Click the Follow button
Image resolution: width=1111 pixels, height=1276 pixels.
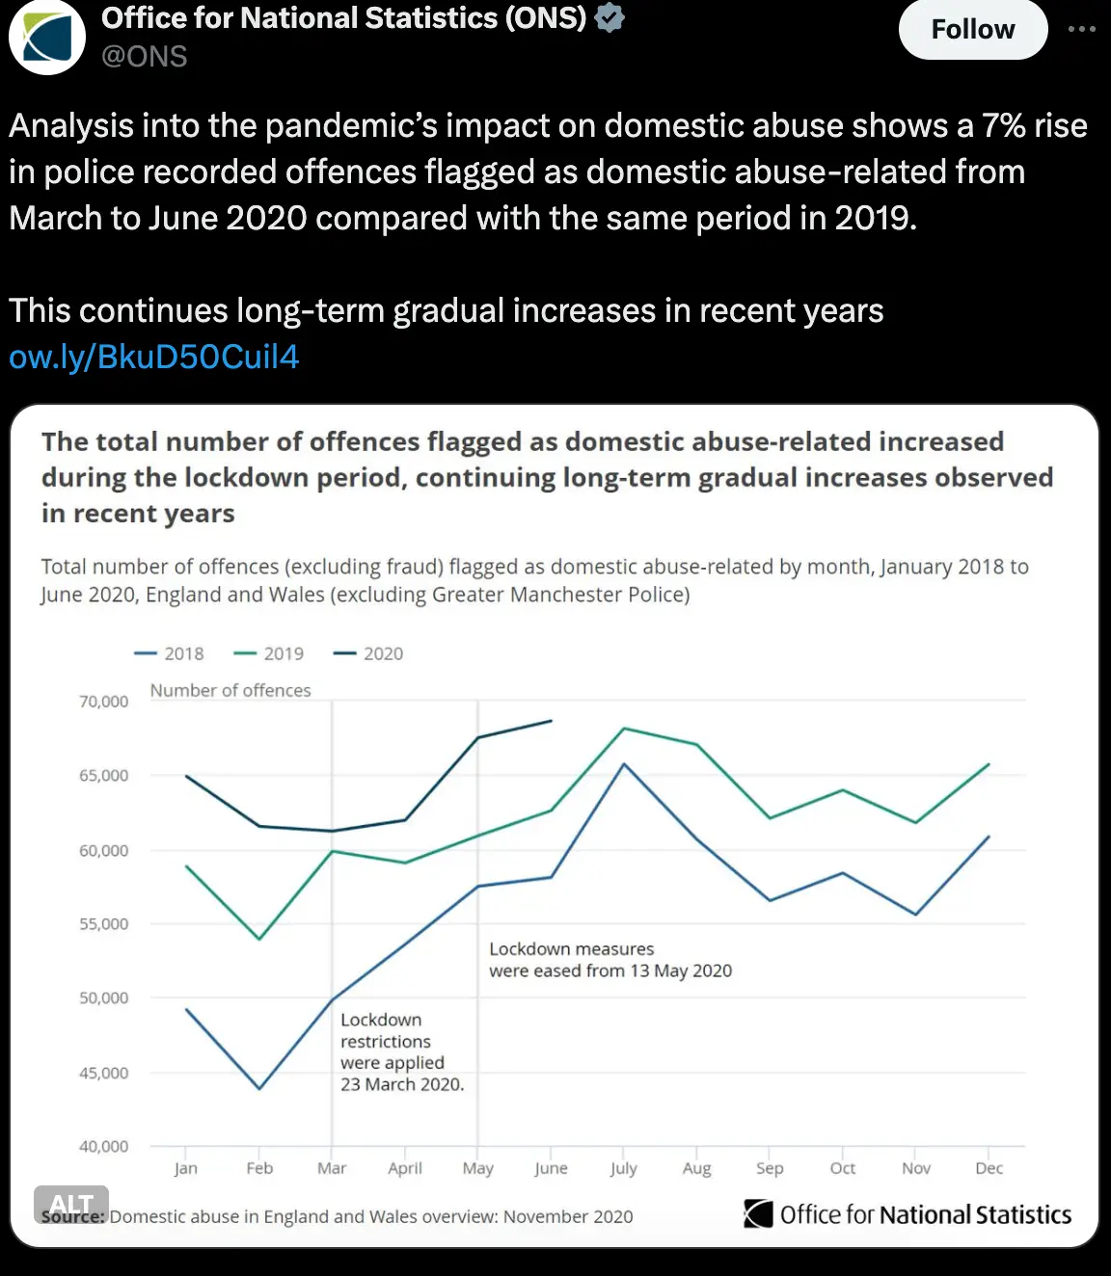click(x=972, y=30)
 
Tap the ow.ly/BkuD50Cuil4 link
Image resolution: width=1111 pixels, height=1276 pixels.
click(x=154, y=357)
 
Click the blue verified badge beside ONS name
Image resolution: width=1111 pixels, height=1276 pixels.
click(x=610, y=17)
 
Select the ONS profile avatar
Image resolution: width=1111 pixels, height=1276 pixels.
click(x=46, y=37)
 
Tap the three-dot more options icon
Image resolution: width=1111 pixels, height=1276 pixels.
click(x=1081, y=29)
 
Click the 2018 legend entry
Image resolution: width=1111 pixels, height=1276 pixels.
click(x=170, y=653)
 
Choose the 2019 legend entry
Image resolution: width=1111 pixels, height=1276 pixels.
click(x=269, y=653)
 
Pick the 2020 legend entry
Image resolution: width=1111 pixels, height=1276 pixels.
click(x=368, y=653)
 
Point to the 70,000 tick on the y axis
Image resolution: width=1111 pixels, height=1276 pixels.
click(x=103, y=702)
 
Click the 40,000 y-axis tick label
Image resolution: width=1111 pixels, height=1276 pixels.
click(x=103, y=1146)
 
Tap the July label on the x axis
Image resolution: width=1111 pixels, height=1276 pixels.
click(x=623, y=1168)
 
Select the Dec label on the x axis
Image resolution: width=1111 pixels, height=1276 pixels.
click(x=989, y=1168)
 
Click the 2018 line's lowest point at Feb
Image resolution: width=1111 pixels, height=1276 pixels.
click(x=258, y=1088)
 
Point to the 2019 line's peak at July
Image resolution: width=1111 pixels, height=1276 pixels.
click(x=624, y=728)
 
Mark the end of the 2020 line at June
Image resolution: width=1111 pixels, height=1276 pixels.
click(x=551, y=720)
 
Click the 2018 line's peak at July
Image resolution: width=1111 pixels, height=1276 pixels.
click(x=624, y=763)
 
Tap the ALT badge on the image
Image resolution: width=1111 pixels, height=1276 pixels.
click(x=70, y=1204)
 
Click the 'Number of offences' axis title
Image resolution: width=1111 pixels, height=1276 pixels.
click(x=230, y=690)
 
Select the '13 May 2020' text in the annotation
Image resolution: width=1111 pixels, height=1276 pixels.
click(x=681, y=970)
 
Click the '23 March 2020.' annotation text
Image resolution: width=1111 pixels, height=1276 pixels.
click(x=402, y=1084)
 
